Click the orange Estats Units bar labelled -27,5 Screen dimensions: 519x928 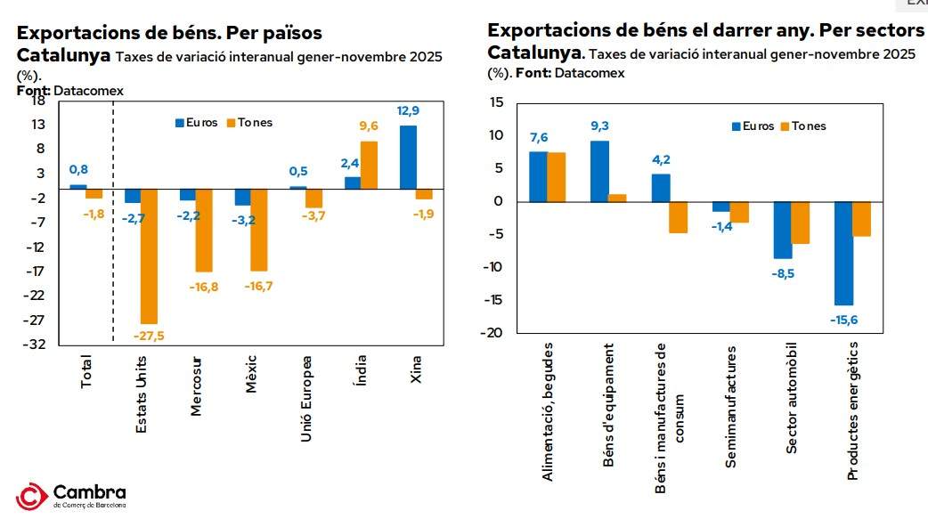point(149,256)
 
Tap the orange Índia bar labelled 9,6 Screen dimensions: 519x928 point(369,165)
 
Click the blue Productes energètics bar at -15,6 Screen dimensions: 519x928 point(843,254)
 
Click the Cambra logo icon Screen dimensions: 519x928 point(32,497)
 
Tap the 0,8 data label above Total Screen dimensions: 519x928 point(78,169)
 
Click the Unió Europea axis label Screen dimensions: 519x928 point(305,399)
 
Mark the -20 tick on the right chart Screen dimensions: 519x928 point(496,332)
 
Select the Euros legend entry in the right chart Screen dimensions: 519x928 point(753,126)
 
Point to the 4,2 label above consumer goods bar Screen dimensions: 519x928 point(660,160)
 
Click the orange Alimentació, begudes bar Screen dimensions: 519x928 point(557,177)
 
